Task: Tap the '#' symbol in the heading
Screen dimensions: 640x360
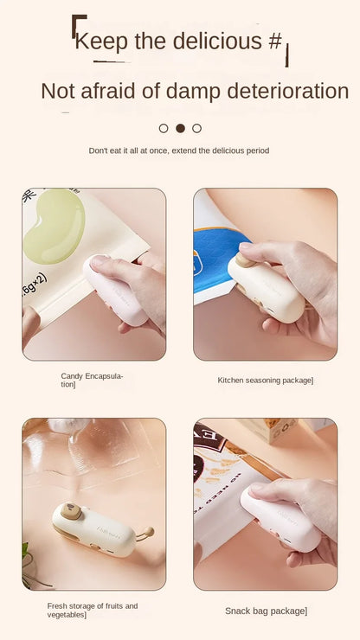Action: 274,41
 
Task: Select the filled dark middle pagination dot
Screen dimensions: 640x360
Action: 180,128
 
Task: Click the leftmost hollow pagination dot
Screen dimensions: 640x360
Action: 164,128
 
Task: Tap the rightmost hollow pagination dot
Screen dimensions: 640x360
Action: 196,128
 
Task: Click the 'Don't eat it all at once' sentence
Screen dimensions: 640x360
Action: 179,150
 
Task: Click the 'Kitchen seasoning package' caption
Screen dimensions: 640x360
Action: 265,380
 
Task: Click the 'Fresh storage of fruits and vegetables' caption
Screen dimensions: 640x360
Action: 92,610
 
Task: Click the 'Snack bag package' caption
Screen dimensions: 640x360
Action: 266,611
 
